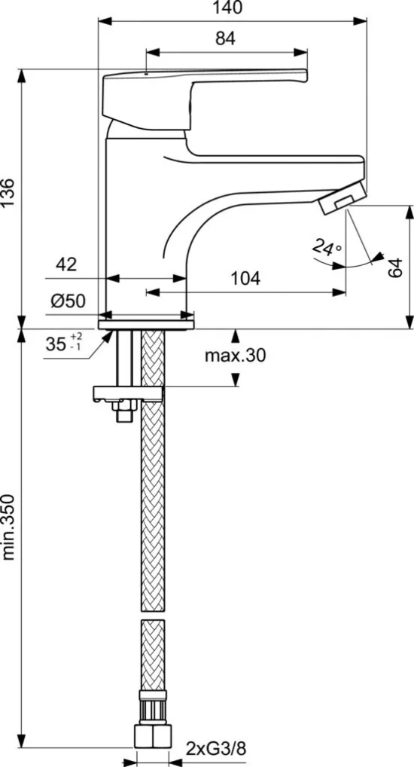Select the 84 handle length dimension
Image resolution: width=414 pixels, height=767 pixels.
pos(225,38)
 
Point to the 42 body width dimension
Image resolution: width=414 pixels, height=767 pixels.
pos(66,264)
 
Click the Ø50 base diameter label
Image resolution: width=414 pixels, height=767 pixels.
pos(68,301)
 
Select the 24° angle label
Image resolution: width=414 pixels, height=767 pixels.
pos(327,247)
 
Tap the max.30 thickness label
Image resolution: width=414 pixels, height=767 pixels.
pos(235,356)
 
